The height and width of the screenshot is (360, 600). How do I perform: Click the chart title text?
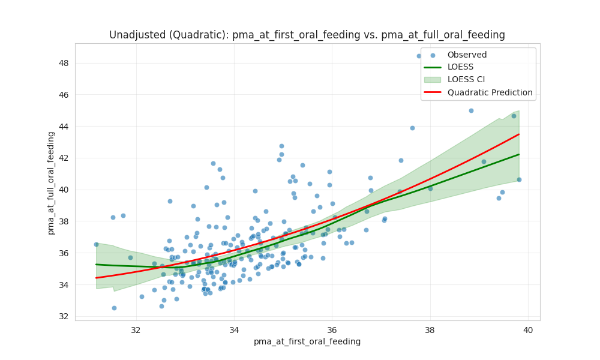[307, 35]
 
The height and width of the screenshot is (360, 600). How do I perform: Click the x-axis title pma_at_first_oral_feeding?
[307, 341]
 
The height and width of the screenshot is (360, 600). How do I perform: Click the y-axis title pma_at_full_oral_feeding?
[52, 183]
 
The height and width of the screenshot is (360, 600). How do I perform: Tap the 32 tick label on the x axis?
[136, 329]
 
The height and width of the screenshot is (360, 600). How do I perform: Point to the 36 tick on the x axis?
[332, 329]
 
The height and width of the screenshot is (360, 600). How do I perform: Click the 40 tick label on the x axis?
[528, 329]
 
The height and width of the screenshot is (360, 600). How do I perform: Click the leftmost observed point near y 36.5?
[96, 244]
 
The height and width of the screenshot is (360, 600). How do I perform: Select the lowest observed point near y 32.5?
[114, 308]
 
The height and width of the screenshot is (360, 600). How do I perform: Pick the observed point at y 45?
[471, 110]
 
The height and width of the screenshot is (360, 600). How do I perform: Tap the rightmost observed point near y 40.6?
[519, 179]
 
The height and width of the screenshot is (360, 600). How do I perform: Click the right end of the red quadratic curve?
[519, 134]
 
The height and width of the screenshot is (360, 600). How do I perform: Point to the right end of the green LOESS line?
[519, 154]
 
